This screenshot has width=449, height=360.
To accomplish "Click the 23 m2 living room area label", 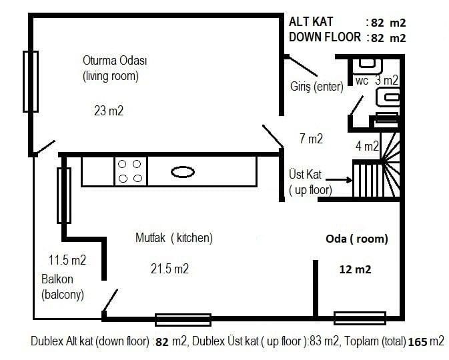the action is [x=109, y=111].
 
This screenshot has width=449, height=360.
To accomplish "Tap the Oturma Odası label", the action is [x=115, y=61].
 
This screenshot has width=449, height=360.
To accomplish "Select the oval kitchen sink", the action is [x=183, y=172].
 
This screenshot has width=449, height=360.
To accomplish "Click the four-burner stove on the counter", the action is [x=130, y=171].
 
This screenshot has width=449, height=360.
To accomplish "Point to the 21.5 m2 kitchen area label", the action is [x=170, y=269].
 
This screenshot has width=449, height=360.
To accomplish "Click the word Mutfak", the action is [x=150, y=237].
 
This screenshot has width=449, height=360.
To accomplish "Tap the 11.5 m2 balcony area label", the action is [x=67, y=260].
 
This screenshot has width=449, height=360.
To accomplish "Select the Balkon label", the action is [x=57, y=279].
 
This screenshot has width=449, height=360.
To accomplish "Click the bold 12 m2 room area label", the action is [x=356, y=269].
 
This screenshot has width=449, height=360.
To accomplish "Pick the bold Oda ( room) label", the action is [x=357, y=239].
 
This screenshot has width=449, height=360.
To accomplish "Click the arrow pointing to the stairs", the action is [x=339, y=180].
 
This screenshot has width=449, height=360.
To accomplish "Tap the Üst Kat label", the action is [x=306, y=174].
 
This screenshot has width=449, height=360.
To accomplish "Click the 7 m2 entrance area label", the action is [x=312, y=139].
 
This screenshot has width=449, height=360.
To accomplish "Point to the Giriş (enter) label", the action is [x=317, y=86].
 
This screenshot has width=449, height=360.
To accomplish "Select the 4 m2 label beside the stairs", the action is [x=367, y=146].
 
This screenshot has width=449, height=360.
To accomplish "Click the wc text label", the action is [x=362, y=81].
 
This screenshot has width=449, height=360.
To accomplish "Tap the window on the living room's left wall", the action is [x=31, y=81].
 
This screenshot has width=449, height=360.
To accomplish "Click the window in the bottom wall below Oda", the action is [x=360, y=318].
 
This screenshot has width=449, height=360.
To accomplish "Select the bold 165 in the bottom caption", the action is [x=418, y=342].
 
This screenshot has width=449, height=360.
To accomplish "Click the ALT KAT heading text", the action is [x=311, y=22].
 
